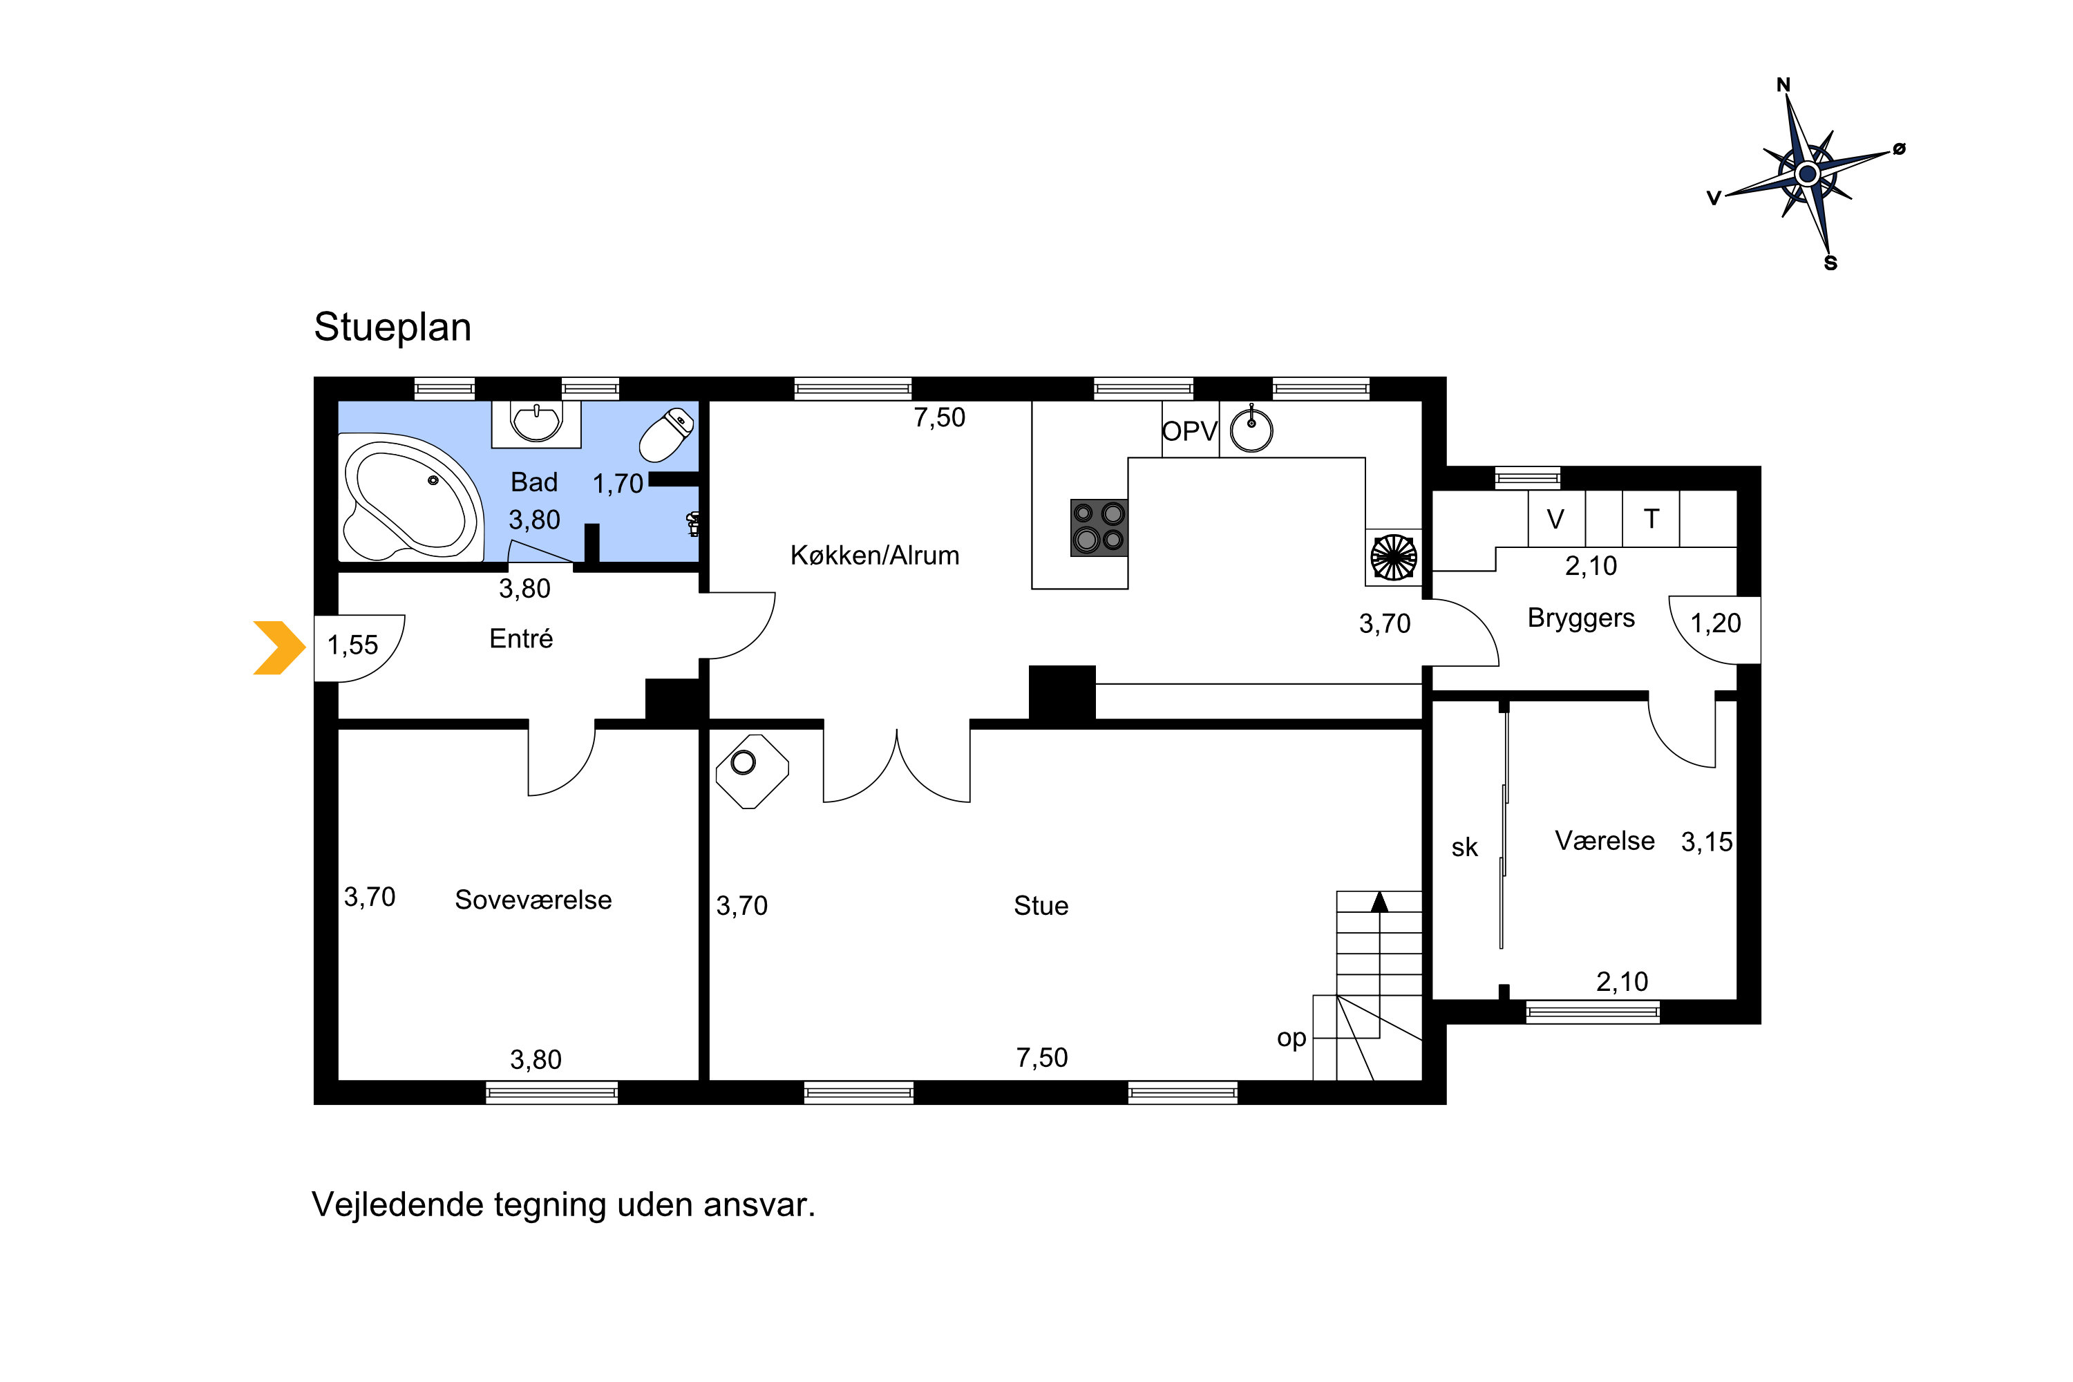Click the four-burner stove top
pos(1099,528)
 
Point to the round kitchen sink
pos(1251,430)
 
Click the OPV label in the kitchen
pos(1189,432)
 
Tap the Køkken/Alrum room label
pos(874,556)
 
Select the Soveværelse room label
pos(533,900)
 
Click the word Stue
pos(1041,906)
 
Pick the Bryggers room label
pos(1581,618)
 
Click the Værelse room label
pos(1604,841)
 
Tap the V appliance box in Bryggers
pos(1557,519)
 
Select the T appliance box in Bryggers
pos(1651,519)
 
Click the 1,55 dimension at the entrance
pos(352,645)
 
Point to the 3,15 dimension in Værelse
pos(1706,842)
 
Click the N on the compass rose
pos(1783,84)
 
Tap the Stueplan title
pos(393,327)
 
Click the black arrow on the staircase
pos(1379,901)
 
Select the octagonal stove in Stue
pos(752,771)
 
